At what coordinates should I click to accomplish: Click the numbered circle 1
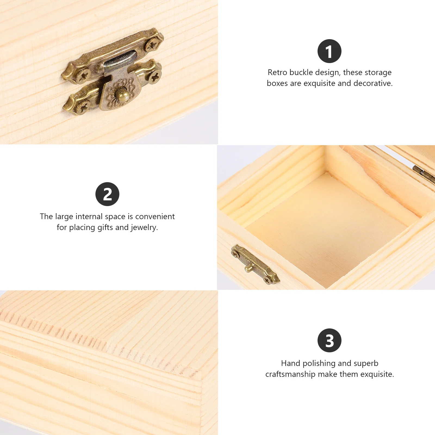pos(329,51)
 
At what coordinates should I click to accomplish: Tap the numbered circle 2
pos(107,194)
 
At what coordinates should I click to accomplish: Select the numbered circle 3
pos(329,340)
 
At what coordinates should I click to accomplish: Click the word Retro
pos(277,72)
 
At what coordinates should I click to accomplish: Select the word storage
pos(378,73)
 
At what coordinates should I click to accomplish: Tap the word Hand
pos(290,363)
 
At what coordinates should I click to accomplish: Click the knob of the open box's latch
pos(248,268)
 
